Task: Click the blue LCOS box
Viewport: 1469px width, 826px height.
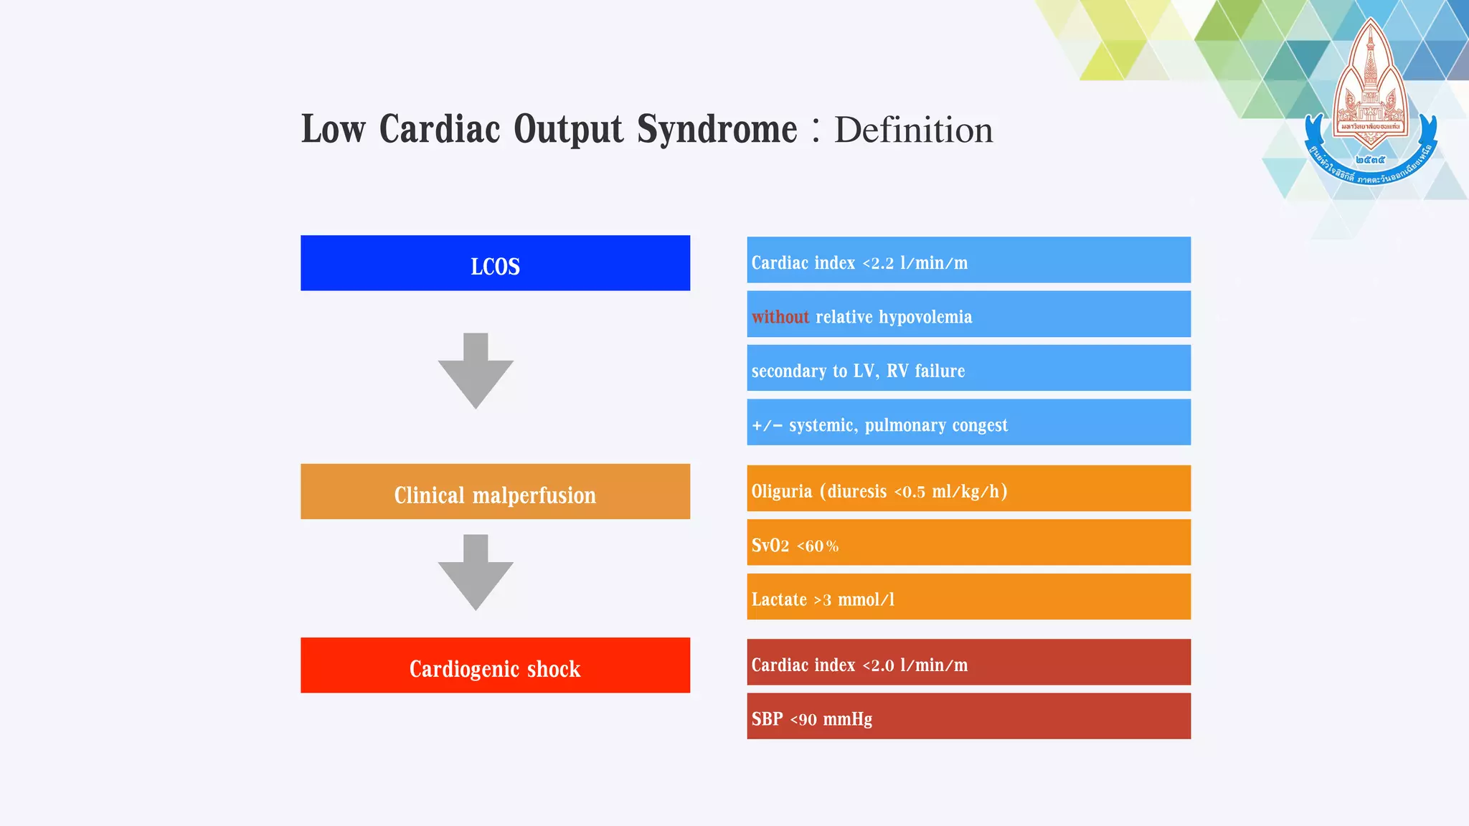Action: tap(495, 263)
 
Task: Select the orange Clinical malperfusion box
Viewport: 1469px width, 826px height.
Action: tap(495, 492)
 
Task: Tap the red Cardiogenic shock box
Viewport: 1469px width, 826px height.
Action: tap(495, 665)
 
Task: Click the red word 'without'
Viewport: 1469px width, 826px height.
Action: tap(780, 317)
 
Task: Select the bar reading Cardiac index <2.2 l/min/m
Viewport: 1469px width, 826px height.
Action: tap(968, 260)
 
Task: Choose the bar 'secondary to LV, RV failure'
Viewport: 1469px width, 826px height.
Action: tap(968, 369)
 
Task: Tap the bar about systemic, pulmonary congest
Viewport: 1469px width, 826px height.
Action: tap(968, 422)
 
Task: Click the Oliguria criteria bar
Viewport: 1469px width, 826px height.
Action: tap(968, 488)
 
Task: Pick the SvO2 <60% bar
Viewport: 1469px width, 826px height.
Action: tap(968, 543)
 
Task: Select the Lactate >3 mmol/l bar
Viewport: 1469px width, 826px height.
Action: tap(968, 597)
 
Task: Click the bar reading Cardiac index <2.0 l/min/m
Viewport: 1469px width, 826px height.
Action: tap(968, 662)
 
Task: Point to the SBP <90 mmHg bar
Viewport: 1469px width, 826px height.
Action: tap(968, 716)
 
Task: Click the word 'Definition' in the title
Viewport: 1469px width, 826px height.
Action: tap(913, 130)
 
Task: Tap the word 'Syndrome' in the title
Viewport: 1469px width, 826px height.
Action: tap(717, 130)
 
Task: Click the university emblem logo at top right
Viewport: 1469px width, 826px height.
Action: tap(1370, 104)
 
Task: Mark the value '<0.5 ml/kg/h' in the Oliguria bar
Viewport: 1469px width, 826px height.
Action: tap(950, 492)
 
